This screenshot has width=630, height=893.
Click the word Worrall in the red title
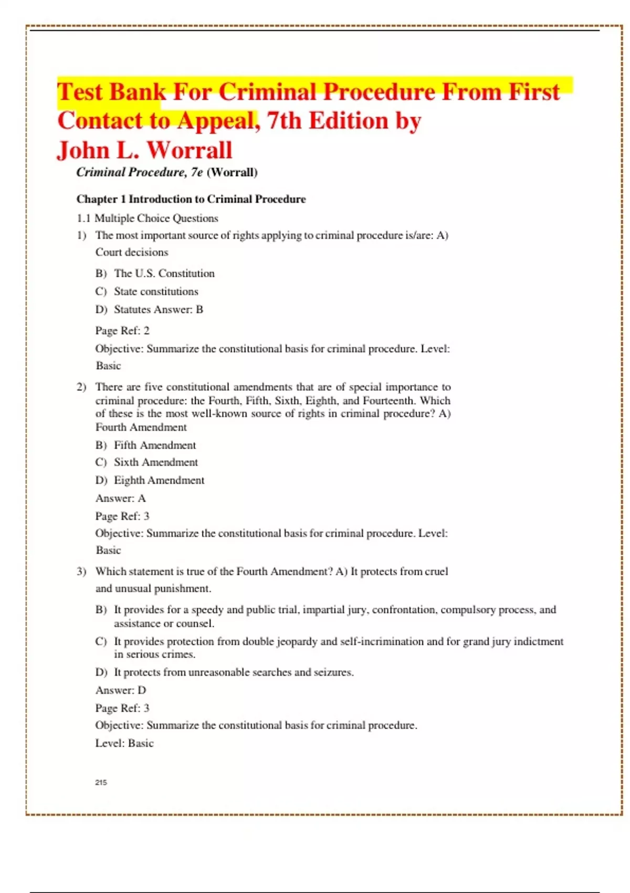click(189, 150)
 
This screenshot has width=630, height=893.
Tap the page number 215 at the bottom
click(101, 782)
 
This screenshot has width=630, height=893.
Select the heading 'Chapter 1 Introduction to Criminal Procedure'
click(191, 199)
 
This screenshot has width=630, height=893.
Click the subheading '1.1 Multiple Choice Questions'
click(148, 218)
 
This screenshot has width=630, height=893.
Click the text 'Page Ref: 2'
click(122, 330)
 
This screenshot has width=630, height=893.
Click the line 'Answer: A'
click(121, 498)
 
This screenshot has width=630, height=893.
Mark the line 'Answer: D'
click(121, 690)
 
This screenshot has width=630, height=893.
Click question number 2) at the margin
click(81, 387)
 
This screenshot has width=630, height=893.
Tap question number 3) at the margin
click(81, 572)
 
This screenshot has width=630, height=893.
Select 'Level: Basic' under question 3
click(124, 743)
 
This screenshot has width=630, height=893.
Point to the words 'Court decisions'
click(132, 252)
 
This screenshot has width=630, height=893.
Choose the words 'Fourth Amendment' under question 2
click(141, 427)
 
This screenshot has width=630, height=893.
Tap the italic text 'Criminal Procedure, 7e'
click(140, 172)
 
